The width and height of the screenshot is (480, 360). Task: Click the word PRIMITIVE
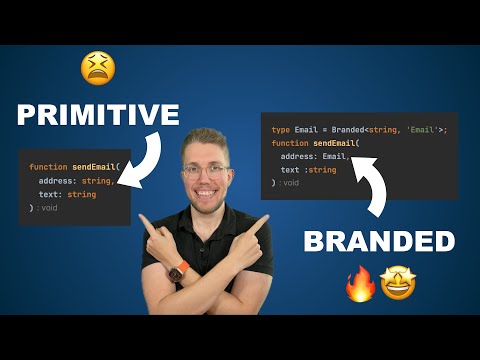coord(97,115)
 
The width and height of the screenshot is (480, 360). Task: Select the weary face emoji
coord(97,67)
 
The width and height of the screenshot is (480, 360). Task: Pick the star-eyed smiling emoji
coord(398,283)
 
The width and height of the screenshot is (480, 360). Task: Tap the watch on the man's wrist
coord(180,271)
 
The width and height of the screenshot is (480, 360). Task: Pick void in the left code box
coord(51,208)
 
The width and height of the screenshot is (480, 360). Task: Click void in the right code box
coord(290,183)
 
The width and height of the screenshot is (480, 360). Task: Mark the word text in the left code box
coord(48,194)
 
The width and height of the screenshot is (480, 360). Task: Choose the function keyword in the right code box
coord(290,143)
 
